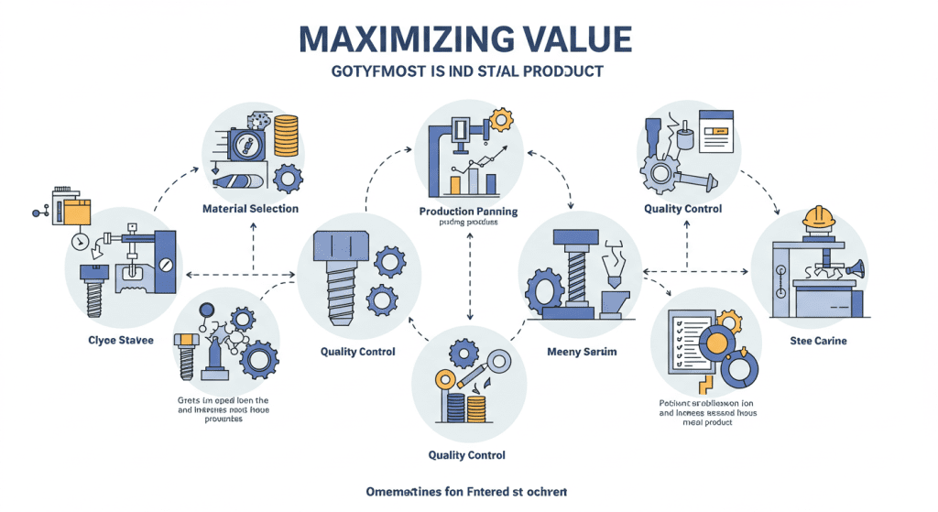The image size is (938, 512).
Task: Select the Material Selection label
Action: [x=250, y=209]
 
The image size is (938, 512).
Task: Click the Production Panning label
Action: [x=468, y=212]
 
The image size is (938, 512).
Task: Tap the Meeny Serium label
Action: [x=582, y=352]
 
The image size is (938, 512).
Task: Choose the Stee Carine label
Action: [x=818, y=341]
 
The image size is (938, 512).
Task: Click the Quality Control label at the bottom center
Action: [x=467, y=455]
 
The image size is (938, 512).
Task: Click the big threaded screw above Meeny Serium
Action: [x=573, y=271]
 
